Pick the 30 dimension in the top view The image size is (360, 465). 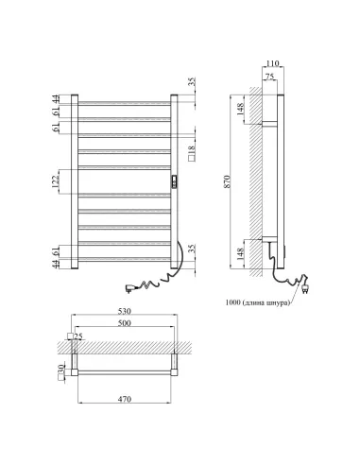pos(62,369)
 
